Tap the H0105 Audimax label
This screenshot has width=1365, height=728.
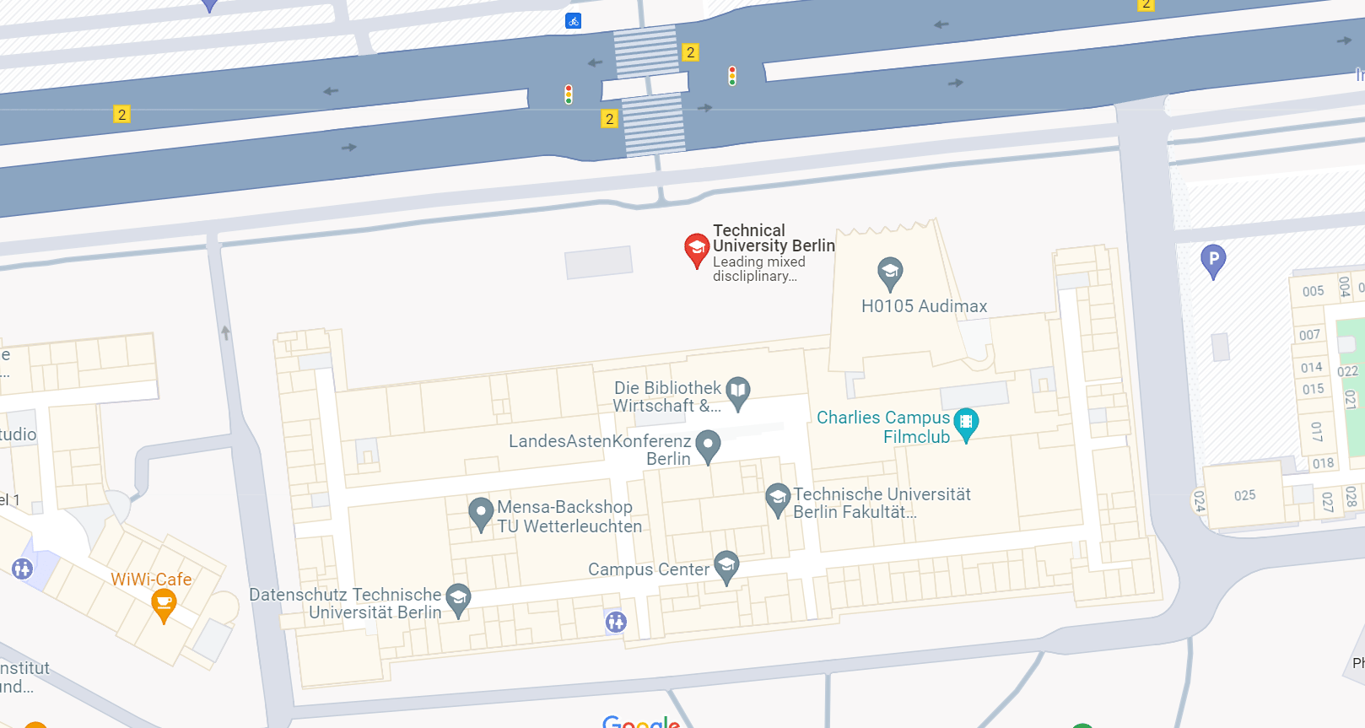point(924,306)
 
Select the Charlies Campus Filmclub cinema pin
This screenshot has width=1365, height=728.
point(966,423)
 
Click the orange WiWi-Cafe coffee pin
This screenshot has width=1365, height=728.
point(164,604)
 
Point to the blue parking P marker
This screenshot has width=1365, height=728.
point(1212,260)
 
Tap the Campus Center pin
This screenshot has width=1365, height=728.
point(726,566)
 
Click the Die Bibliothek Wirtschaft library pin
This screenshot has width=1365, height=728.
point(738,392)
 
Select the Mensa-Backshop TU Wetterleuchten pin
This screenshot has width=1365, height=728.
point(481,513)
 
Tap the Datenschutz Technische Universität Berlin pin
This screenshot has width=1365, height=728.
point(458,600)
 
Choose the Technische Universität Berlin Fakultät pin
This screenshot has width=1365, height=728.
point(777,499)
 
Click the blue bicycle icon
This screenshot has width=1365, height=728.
point(574,20)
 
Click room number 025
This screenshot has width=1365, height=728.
point(1244,495)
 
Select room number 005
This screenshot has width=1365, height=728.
point(1313,291)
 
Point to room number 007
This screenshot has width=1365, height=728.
point(1309,335)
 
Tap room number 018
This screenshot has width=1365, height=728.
point(1323,463)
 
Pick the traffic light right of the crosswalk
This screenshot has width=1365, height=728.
point(732,76)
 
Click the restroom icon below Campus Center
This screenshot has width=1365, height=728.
point(616,622)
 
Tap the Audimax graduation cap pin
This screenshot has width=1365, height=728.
point(890,272)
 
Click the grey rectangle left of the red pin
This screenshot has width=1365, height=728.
point(598,262)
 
